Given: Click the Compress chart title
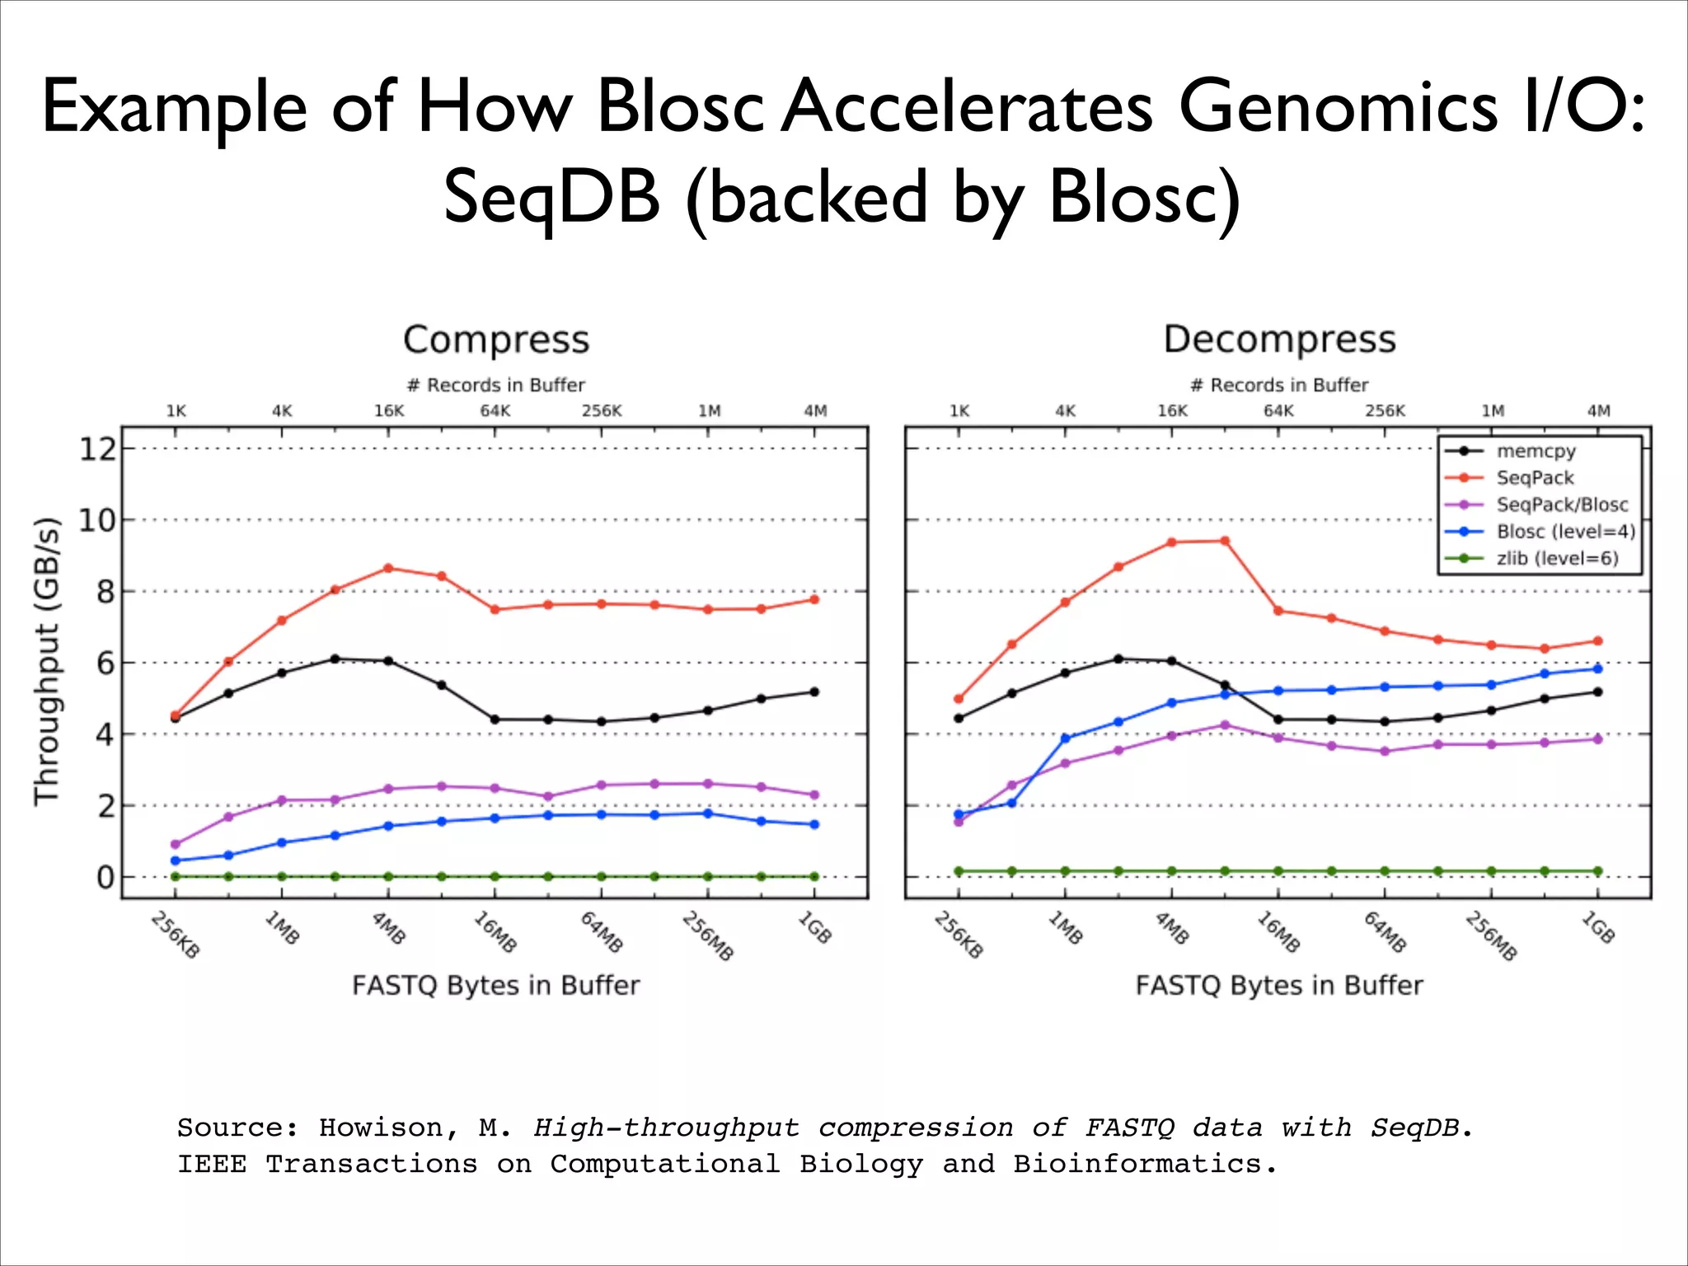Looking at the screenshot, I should pyautogui.click(x=496, y=340).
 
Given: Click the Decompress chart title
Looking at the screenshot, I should pyautogui.click(x=1279, y=340).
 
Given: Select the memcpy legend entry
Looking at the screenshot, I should pyautogui.click(x=1536, y=451).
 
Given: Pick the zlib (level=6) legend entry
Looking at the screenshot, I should pyautogui.click(x=1557, y=558).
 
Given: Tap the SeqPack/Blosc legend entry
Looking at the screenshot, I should pyautogui.click(x=1562, y=504).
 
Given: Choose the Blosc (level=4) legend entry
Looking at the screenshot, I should pyautogui.click(x=1565, y=532).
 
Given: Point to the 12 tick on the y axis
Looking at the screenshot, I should pyautogui.click(x=96, y=449).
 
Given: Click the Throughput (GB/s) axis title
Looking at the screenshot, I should pyautogui.click(x=47, y=661).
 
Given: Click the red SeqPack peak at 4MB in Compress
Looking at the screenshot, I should pyautogui.click(x=388, y=568).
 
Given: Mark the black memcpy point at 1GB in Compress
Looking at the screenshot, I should pyautogui.click(x=814, y=692).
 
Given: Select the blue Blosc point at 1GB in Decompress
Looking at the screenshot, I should pyautogui.click(x=1597, y=668).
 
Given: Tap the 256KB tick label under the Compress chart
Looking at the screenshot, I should pyautogui.click(x=175, y=935).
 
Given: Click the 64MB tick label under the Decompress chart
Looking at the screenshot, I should pyautogui.click(x=1384, y=932).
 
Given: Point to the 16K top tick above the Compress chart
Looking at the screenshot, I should pyautogui.click(x=388, y=410).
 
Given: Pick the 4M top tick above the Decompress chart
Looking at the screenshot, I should pyautogui.click(x=1598, y=410).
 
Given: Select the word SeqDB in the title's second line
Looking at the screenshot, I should pyautogui.click(x=551, y=198).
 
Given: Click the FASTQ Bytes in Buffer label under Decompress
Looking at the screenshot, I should pyautogui.click(x=1279, y=985).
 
